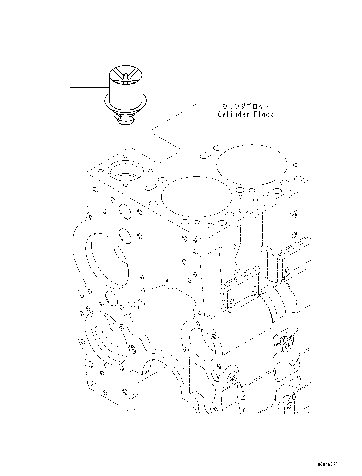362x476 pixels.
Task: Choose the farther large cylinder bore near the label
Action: [251, 165]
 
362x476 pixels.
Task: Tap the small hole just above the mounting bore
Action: [126, 156]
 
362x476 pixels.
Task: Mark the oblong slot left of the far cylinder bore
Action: [205, 155]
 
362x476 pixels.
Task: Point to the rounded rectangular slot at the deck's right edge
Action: [294, 202]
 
